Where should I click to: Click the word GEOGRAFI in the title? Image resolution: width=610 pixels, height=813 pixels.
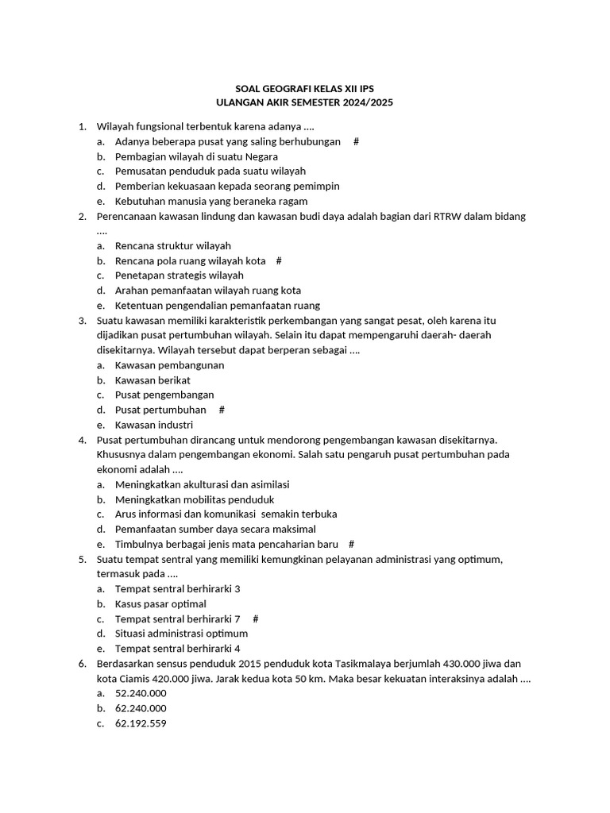pos(276,88)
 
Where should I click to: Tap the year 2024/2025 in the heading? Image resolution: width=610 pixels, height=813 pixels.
pos(365,103)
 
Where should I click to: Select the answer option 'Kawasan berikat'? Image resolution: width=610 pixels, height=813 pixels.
pos(152,380)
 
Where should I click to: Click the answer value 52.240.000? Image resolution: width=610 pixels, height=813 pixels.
pos(141,693)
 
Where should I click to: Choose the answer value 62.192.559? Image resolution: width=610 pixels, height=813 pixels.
pos(141,723)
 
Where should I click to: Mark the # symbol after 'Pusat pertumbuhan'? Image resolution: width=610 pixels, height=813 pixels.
pos(222,410)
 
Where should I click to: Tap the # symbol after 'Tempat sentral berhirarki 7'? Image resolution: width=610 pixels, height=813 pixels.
pos(255,618)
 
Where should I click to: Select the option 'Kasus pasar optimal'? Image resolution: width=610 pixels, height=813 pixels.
pos(160,604)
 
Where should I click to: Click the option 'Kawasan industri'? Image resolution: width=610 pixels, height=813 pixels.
pos(153,425)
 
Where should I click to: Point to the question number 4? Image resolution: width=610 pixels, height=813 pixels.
pos(82,440)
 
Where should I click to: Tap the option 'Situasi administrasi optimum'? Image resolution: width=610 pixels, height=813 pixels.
pos(181,634)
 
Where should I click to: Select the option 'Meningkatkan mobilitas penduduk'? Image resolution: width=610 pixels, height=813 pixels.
pos(195,500)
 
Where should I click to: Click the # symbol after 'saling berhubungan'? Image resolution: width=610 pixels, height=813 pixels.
pos(356,141)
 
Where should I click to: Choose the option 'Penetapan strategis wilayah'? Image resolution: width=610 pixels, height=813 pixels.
pos(179,275)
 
